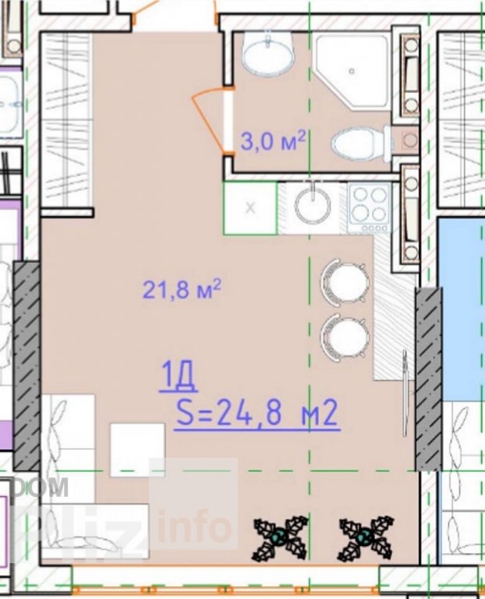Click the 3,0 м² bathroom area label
pos(273,140)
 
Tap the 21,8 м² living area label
pos(182,289)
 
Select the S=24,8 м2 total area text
pos(257,412)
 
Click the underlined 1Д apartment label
pos(178,377)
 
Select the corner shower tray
pos(351,72)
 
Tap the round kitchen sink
pos(313,206)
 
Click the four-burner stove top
pos(370,208)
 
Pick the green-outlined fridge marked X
pos(250,207)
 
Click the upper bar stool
pos(345,282)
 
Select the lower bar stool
pos(345,337)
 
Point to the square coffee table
pos(137,449)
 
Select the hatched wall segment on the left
pos(27,366)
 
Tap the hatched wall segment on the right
pos(429,379)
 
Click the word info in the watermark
pos(194,526)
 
